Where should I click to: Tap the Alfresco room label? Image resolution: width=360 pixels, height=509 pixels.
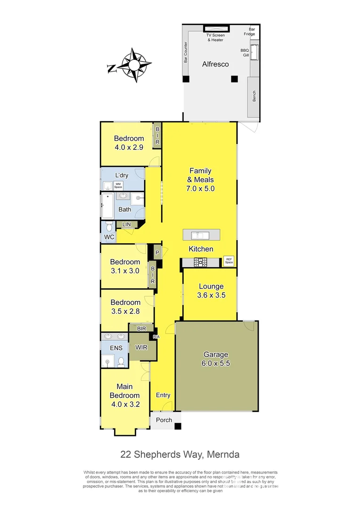click(215, 64)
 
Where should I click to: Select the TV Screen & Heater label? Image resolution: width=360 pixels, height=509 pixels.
click(215, 38)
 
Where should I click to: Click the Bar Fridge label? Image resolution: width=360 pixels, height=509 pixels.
click(249, 32)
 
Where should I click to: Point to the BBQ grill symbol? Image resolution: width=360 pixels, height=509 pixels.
click(254, 52)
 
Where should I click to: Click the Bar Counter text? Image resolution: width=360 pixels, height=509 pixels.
click(186, 51)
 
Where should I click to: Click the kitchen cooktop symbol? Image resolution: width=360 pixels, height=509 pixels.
click(202, 262)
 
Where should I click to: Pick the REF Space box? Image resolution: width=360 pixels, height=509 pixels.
click(229, 261)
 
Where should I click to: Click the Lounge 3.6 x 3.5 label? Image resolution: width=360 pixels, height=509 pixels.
click(211, 291)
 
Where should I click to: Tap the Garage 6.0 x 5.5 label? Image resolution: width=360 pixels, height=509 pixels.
click(216, 359)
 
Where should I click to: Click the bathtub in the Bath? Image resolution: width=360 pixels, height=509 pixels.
click(107, 205)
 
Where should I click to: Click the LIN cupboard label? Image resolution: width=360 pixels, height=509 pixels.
click(126, 225)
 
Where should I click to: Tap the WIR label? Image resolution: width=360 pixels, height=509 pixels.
click(140, 347)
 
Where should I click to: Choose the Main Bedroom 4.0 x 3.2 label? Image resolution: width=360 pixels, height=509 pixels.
click(124, 391)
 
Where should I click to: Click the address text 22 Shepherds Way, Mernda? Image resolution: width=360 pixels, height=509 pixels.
click(180, 454)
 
